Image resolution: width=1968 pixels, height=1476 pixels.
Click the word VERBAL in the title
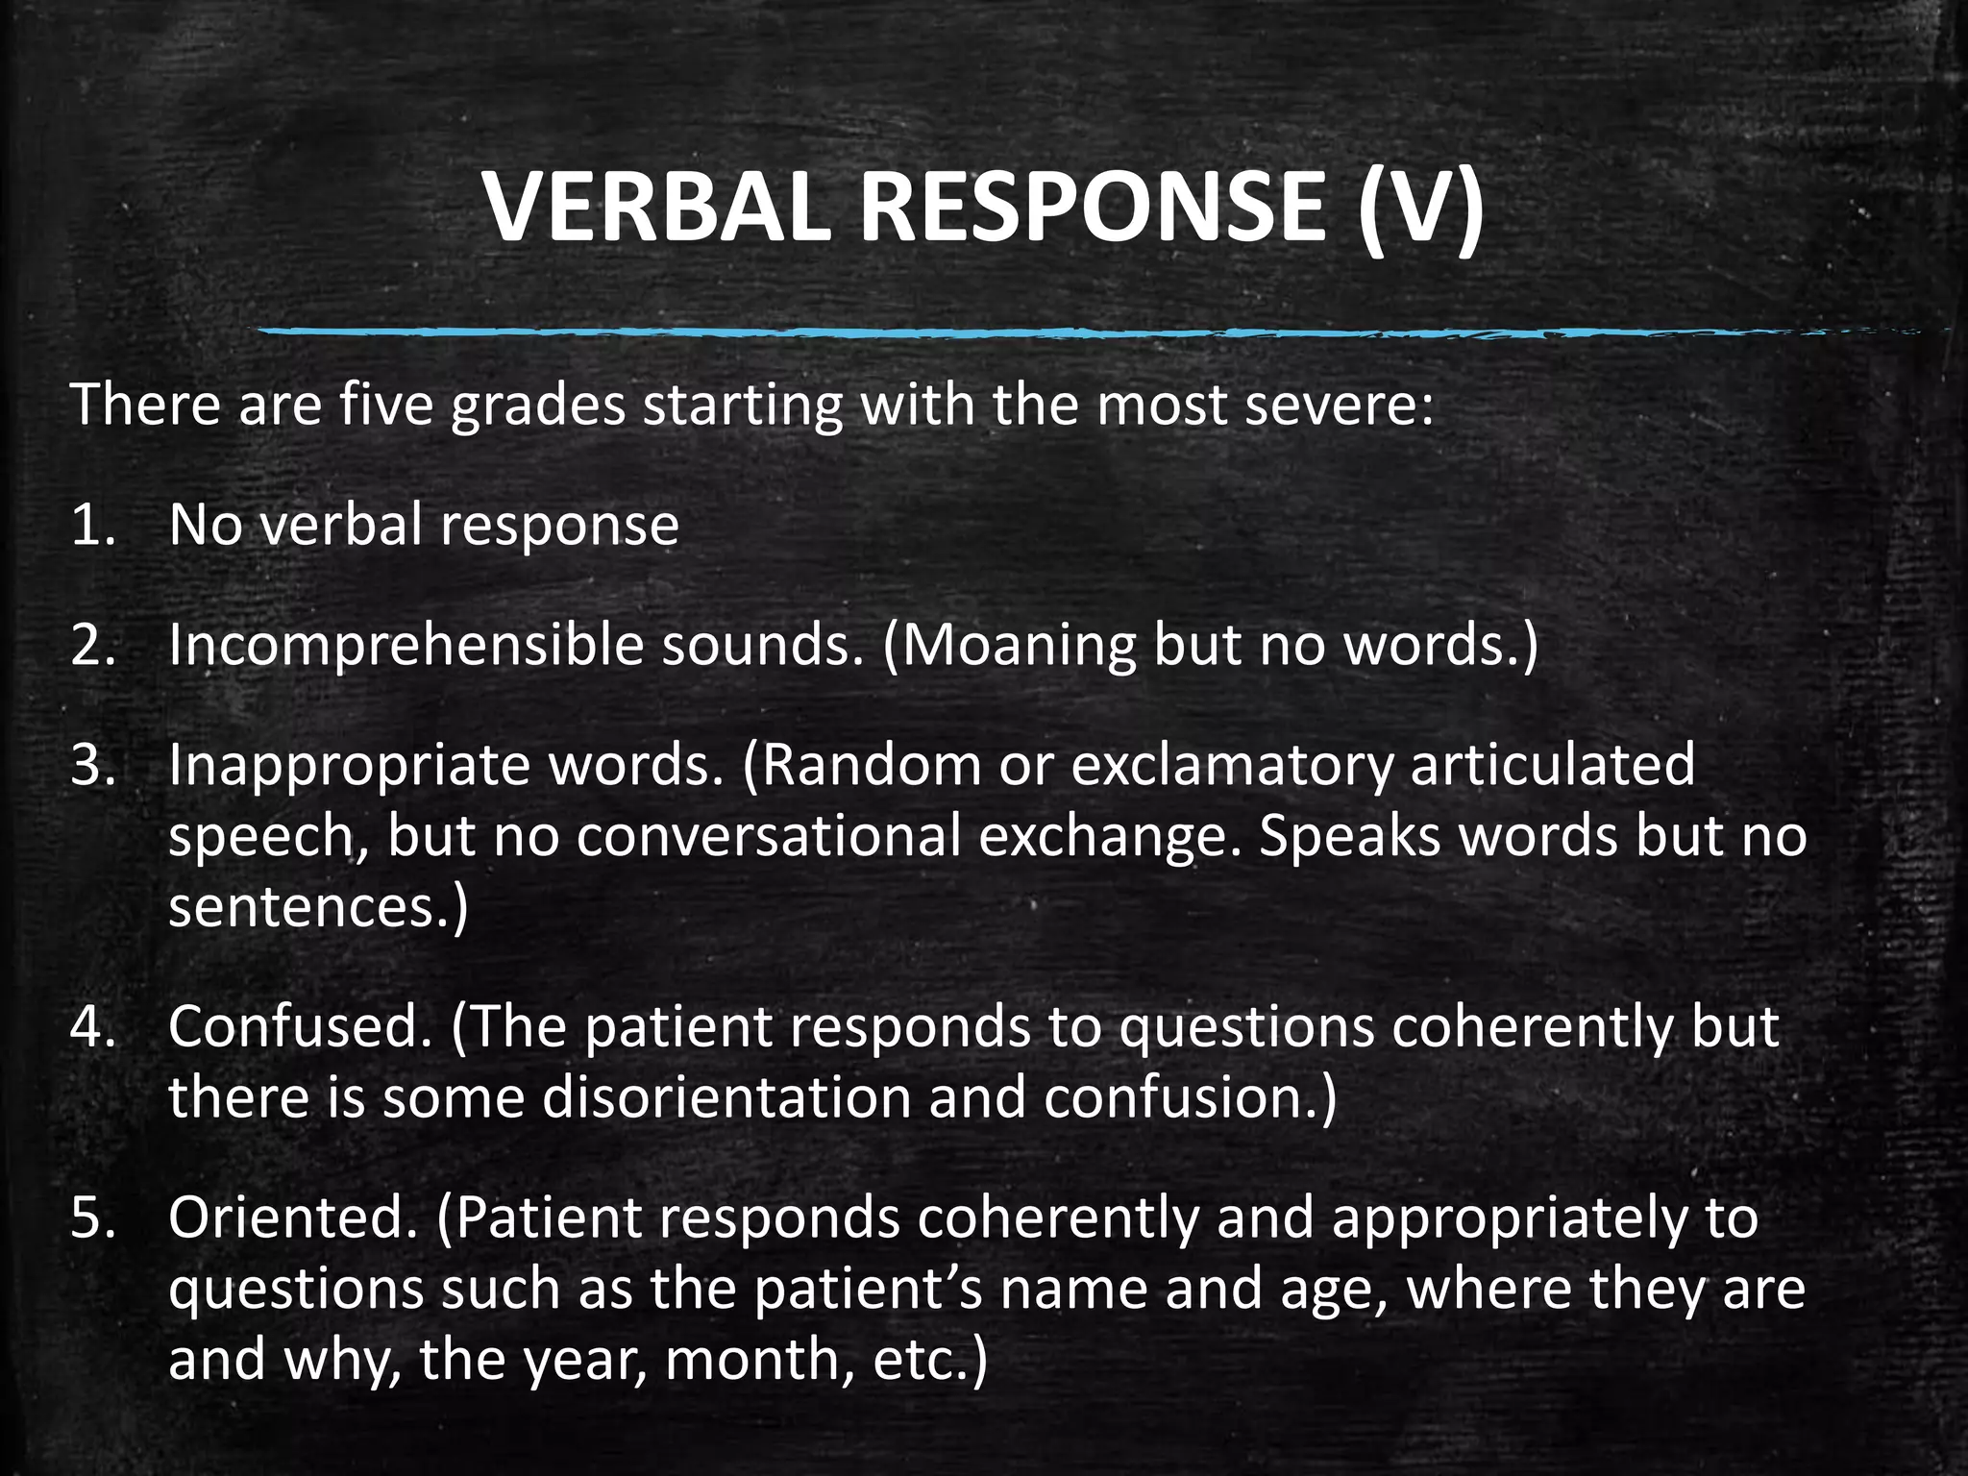[x=656, y=209]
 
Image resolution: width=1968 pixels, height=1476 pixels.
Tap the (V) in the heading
[x=1420, y=209]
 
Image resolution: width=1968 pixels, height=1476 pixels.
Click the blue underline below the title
[x=1057, y=332]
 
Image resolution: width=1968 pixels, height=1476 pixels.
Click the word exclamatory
[x=1231, y=765]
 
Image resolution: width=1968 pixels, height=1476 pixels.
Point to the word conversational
[x=769, y=835]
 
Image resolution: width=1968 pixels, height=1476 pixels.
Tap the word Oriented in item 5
[x=293, y=1218]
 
